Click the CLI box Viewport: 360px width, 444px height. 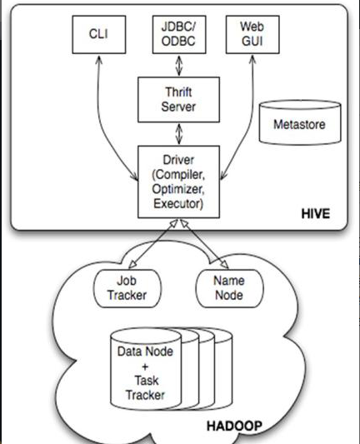tap(99, 34)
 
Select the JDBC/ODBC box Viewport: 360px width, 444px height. tap(179, 34)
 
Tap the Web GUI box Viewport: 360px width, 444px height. tap(252, 34)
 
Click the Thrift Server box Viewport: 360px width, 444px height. tap(178, 100)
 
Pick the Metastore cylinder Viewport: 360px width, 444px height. tap(300, 122)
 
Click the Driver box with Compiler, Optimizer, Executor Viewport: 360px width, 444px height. tap(178, 182)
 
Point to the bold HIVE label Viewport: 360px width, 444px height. tap(316, 213)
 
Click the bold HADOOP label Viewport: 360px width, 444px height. tap(234, 426)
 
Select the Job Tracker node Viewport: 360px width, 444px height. tap(127, 288)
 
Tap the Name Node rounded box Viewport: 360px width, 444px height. tap(229, 288)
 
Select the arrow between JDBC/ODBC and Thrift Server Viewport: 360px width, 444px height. tap(178, 66)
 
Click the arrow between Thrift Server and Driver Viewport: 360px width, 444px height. tap(178, 134)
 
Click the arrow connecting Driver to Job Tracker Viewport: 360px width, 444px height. tap(153, 243)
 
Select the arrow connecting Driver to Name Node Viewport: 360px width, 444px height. tap(204, 243)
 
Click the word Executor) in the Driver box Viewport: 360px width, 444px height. tap(178, 203)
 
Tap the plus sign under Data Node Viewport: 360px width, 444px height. tap(145, 367)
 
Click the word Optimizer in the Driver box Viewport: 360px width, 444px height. tap(177, 189)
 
